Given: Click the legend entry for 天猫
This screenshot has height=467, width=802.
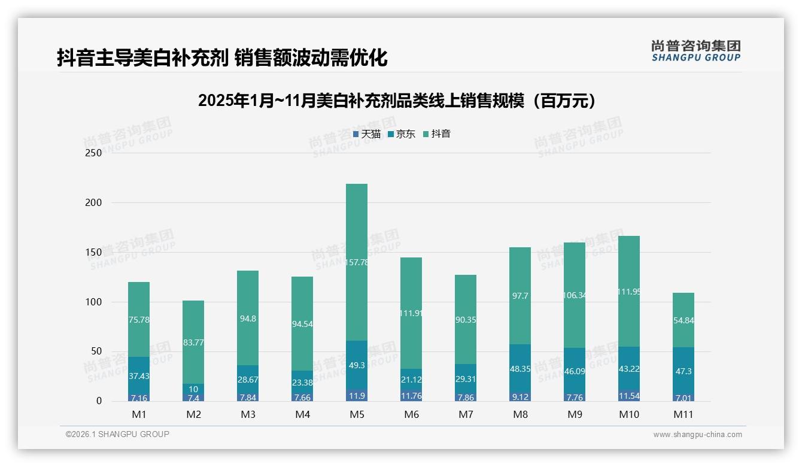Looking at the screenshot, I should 367,134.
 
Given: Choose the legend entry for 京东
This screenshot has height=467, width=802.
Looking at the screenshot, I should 402,134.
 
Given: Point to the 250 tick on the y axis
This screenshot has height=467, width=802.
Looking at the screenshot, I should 94,153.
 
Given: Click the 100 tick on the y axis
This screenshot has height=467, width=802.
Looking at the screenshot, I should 94,302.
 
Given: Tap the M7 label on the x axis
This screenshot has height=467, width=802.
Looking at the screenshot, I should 466,414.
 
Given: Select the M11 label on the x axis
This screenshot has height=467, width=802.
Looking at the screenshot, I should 683,414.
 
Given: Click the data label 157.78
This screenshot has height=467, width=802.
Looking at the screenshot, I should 357,262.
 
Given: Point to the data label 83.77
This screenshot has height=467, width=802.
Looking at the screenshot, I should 193,342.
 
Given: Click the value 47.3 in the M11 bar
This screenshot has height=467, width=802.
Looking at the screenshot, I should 683,371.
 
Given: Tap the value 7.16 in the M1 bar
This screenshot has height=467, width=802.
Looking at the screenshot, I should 139,398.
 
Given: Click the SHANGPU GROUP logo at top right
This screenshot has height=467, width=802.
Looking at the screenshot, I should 695,50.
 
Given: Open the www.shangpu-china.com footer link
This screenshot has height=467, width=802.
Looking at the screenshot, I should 697,435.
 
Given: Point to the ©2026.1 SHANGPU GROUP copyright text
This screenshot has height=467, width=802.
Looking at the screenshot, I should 117,434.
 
